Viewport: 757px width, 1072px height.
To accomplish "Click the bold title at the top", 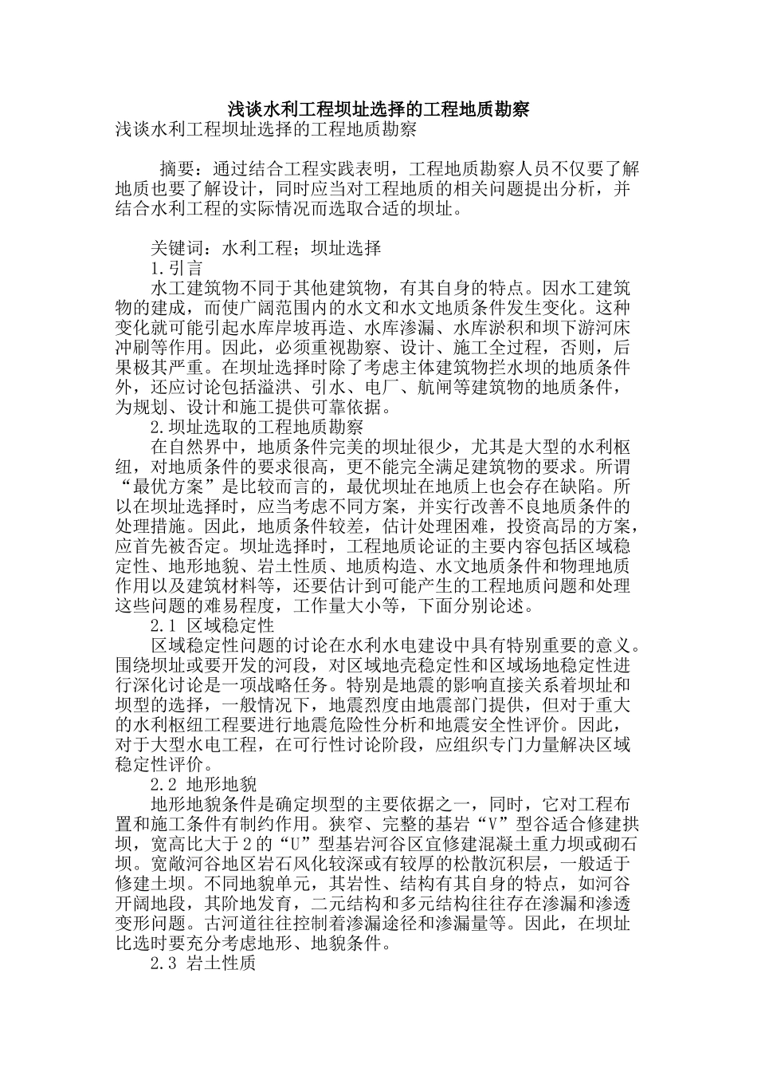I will pos(378,109).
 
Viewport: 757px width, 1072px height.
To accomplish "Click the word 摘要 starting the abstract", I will pos(177,169).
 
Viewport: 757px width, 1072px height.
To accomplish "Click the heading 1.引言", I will pos(176,268).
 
